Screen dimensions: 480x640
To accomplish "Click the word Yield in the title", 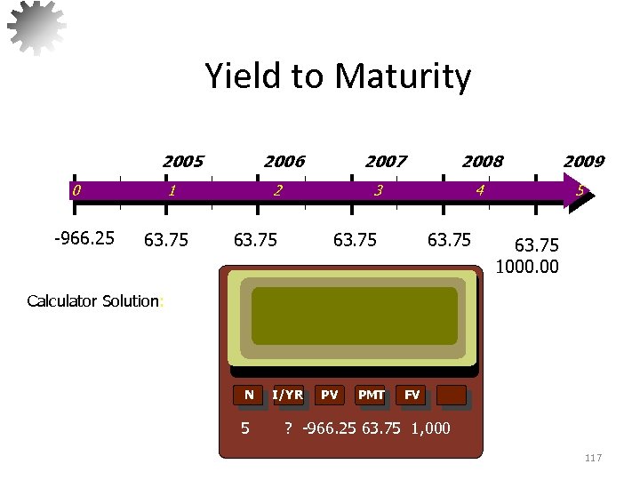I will (251, 76).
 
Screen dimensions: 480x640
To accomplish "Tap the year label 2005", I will (182, 161).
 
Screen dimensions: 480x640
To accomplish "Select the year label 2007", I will (386, 161).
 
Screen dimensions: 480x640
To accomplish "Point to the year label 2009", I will (583, 161).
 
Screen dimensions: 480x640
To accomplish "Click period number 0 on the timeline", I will (77, 189).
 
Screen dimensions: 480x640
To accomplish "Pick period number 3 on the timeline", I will (379, 189).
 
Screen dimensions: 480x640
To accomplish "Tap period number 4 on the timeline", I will (480, 189).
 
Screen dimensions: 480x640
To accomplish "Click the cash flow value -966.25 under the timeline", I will (84, 238).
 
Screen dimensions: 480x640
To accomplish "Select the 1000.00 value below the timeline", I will (529, 266).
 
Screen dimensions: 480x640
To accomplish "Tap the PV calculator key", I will (330, 395).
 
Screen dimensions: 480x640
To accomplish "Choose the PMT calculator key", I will (371, 395).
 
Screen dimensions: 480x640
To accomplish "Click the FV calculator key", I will (412, 395).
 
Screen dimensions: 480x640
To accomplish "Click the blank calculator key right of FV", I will (452, 395).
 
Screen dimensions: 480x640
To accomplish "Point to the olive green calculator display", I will (354, 316).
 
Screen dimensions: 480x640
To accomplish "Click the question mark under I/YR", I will (288, 428).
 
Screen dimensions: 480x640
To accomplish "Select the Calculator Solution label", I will (92, 300).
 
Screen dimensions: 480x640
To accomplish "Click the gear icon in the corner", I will (36, 26).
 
